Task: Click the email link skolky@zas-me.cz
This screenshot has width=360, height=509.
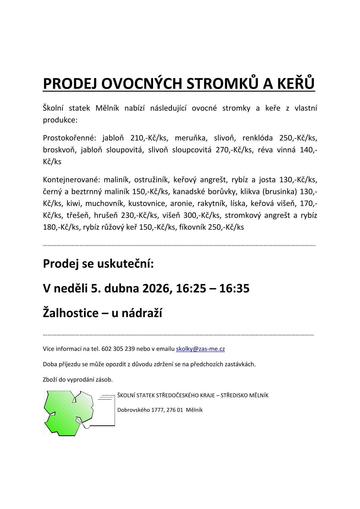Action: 200,349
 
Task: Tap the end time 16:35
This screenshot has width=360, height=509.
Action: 234,288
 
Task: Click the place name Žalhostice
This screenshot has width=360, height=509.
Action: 70,313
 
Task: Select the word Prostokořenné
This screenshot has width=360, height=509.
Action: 69,138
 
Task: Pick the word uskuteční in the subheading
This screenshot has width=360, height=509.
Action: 125,263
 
